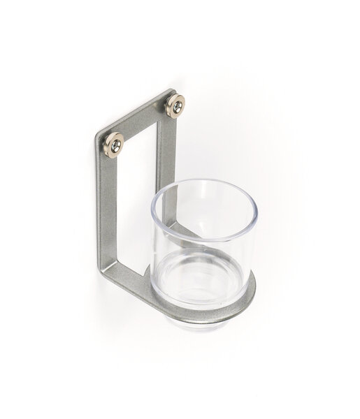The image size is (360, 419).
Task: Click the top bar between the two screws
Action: (143, 122)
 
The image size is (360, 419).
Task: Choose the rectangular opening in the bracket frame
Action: (143, 189)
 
